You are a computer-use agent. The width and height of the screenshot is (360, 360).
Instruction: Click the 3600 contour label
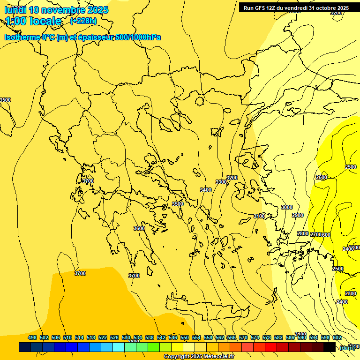(x=139, y=228)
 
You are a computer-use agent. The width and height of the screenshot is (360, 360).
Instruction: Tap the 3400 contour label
(x=206, y=190)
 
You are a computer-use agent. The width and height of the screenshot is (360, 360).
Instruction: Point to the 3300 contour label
(x=221, y=182)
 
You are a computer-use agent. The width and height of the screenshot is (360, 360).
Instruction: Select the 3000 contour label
(x=287, y=207)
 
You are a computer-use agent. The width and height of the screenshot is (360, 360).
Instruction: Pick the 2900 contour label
(x=298, y=215)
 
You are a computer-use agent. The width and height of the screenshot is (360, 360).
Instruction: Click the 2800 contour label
(x=303, y=233)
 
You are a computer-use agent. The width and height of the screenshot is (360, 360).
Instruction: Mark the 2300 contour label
(x=351, y=293)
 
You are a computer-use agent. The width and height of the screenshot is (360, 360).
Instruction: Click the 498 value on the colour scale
(x=32, y=337)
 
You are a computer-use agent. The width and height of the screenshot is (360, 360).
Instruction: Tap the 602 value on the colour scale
(x=337, y=337)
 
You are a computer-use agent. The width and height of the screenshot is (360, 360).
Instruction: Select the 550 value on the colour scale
(x=185, y=337)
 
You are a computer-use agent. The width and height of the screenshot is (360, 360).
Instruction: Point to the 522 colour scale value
(x=103, y=337)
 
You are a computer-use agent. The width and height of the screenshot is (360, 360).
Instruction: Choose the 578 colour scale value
(x=267, y=337)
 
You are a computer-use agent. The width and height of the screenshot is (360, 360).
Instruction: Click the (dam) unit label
(x=347, y=347)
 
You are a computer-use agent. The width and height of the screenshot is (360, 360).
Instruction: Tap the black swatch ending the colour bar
(x=330, y=347)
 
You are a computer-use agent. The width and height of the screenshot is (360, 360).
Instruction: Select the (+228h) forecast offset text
(x=83, y=21)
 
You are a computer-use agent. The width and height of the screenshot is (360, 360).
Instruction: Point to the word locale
(x=45, y=21)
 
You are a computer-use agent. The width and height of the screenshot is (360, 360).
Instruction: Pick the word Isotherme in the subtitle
(x=22, y=37)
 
